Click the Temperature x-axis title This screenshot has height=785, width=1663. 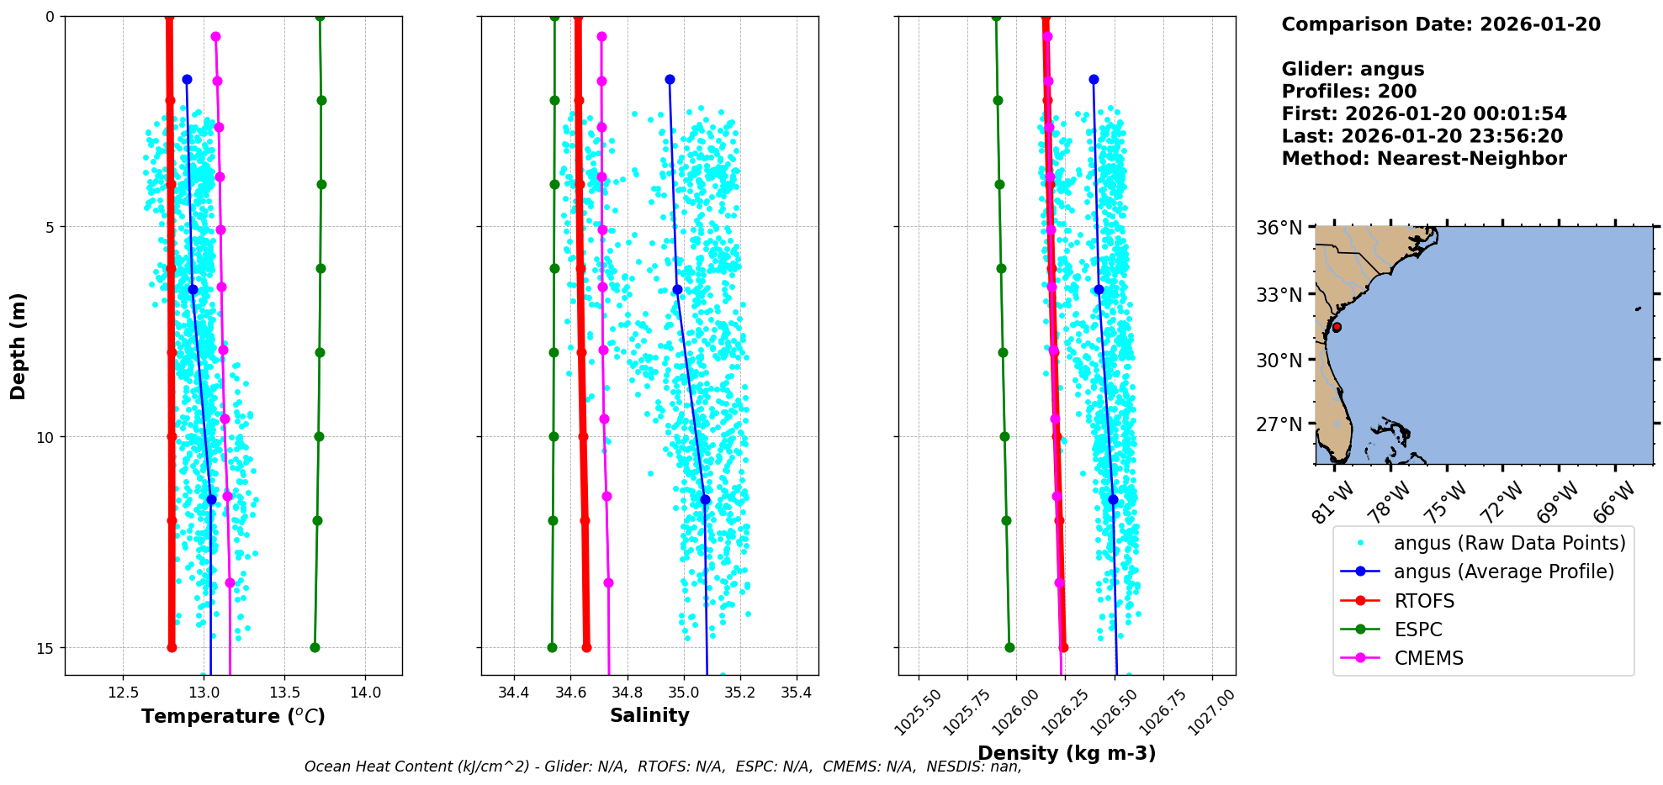[233, 716]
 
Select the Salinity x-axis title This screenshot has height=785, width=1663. [649, 716]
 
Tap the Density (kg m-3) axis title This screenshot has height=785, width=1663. [1067, 753]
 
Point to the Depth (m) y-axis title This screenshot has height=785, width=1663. [19, 345]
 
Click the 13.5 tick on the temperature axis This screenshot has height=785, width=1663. [284, 693]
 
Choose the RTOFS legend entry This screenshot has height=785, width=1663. [1423, 601]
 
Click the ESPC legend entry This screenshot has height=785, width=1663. [1417, 630]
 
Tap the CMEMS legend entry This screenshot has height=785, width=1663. [1428, 658]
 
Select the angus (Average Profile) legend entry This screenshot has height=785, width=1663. [1503, 572]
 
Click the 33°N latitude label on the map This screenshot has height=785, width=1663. [1279, 295]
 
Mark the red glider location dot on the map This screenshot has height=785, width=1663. [1337, 327]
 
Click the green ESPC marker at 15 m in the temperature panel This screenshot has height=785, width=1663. [315, 647]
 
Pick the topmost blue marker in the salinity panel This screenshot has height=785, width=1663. [670, 79]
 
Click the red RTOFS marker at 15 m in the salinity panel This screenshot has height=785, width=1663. [586, 647]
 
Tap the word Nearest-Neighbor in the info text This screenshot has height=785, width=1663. [1471, 159]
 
